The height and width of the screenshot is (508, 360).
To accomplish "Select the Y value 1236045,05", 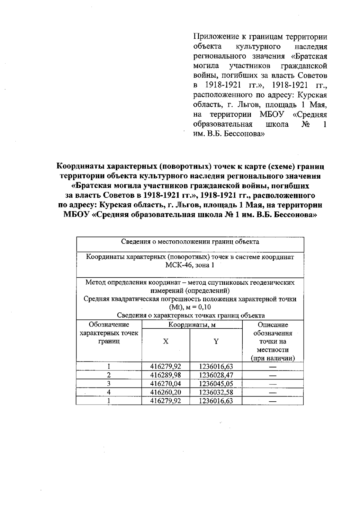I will pos(216,384).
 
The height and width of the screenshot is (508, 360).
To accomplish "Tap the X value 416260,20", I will pos(166,392).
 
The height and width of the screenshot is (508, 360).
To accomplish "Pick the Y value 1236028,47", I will pos(216,375).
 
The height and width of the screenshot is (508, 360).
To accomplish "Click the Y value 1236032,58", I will pos(216,392).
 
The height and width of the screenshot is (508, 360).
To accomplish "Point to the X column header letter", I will pos(166,341).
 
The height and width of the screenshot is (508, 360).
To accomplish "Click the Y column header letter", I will pos(216,341).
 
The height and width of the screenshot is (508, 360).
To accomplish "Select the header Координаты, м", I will pos(192,325).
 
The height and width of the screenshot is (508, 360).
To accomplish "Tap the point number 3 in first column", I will pos(109,384).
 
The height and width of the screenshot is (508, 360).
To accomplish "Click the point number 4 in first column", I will pos(109,392).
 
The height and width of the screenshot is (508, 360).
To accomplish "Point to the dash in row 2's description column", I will pos(272,375).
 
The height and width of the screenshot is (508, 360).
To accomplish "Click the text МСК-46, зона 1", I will pos(190,265).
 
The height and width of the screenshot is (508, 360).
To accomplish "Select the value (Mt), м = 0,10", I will pos(190,307).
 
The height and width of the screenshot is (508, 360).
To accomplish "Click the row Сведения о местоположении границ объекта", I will pos(190,242).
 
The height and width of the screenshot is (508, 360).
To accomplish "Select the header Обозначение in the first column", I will pos(109,325).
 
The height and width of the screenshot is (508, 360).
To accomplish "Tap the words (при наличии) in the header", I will pos(273,358).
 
